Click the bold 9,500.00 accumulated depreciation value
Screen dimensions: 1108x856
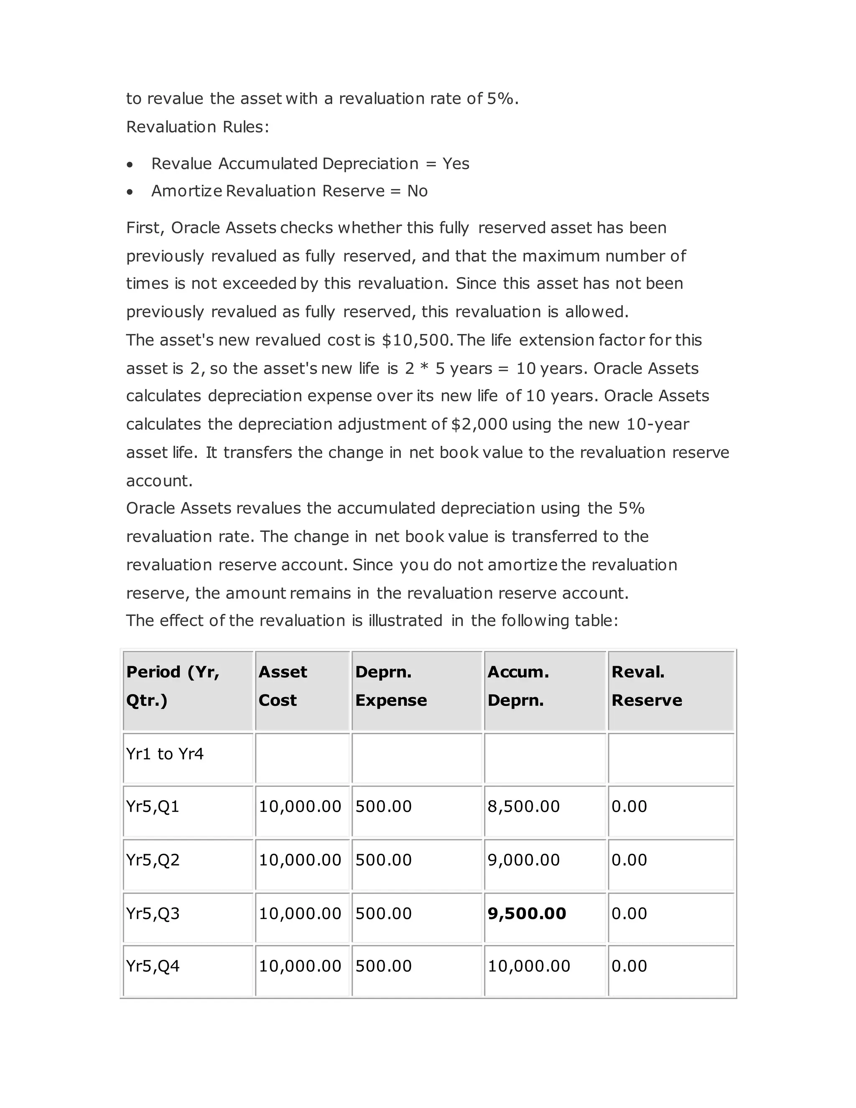click(x=526, y=914)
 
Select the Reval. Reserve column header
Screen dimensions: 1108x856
click(x=647, y=686)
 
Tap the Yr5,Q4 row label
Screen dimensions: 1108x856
click(x=153, y=966)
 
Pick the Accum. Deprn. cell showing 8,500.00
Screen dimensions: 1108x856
click(x=523, y=807)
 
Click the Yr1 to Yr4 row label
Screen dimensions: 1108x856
click(x=165, y=754)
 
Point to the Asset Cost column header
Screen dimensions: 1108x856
click(x=283, y=686)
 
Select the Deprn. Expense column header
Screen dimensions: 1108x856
click(x=391, y=686)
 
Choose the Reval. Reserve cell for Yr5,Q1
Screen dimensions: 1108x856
click(x=629, y=807)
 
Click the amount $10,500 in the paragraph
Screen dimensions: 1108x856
click(x=416, y=340)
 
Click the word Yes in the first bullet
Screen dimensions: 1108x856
click(x=456, y=164)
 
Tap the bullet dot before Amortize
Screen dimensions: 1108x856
click(x=130, y=192)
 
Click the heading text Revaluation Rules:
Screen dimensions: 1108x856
click(x=197, y=127)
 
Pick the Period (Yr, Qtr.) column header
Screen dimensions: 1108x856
click(x=173, y=686)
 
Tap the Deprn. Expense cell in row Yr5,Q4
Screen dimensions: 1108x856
click(x=383, y=966)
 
